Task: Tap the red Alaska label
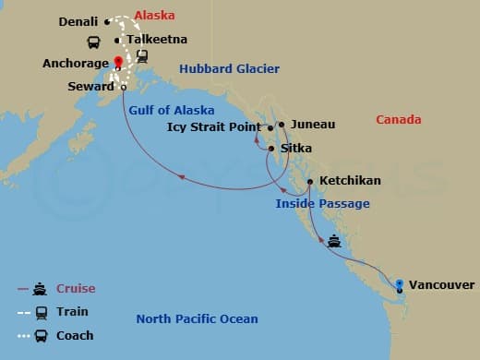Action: point(153,16)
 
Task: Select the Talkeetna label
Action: point(158,40)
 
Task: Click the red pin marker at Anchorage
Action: point(118,63)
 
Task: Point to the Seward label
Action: point(92,86)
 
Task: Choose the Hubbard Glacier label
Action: point(229,69)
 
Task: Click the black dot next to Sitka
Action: point(270,148)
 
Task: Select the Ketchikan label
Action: point(349,181)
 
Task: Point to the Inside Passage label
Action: point(322,203)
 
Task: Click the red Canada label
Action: point(399,120)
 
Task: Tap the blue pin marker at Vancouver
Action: point(399,284)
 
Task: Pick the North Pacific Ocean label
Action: point(197,319)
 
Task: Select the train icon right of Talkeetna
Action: point(143,55)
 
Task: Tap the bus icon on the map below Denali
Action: point(93,42)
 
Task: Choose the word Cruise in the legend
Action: point(77,289)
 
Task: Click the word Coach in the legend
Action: point(76,335)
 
